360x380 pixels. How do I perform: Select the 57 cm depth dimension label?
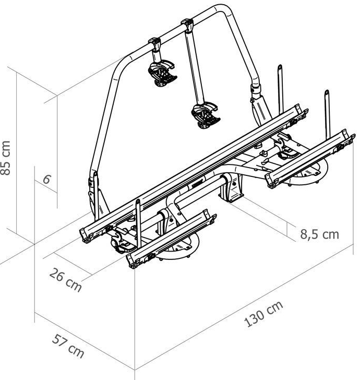68,346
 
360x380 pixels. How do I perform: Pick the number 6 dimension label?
46,180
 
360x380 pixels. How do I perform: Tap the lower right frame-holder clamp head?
205,115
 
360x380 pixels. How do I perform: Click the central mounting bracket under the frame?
230,190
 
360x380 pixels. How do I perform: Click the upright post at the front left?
138,224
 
